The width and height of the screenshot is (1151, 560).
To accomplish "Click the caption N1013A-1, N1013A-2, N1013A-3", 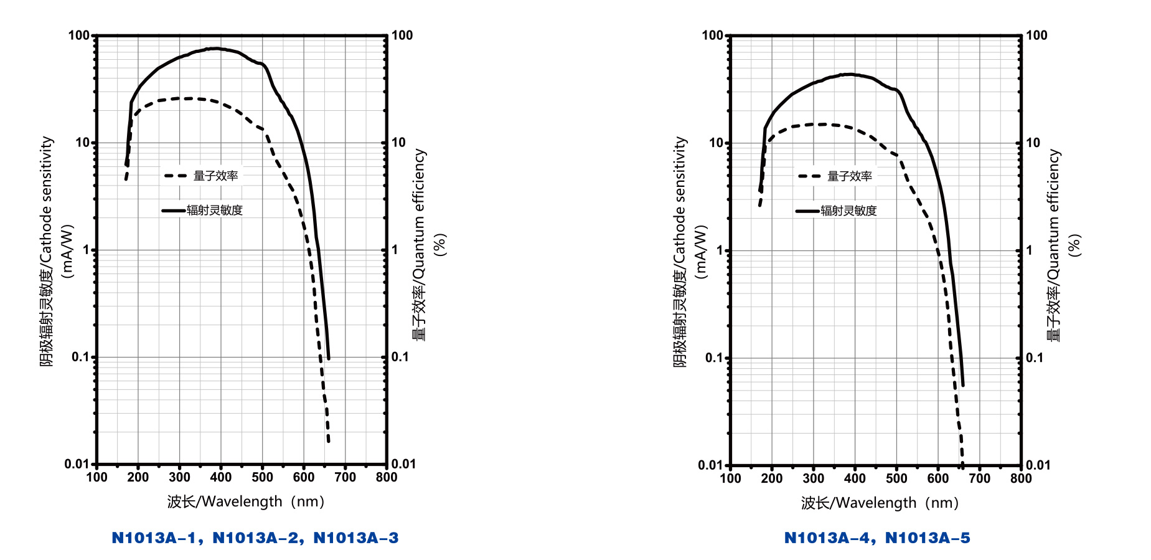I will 255,538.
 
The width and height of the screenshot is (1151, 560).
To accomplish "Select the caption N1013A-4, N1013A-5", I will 876,538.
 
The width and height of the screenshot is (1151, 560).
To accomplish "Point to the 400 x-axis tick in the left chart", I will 220,477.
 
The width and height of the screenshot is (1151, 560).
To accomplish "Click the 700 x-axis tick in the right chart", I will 979,478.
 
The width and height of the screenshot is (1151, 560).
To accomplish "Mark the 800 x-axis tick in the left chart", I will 387,477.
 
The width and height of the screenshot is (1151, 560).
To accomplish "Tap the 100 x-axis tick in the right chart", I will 730,478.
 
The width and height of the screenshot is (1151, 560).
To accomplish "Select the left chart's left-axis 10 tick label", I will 83,143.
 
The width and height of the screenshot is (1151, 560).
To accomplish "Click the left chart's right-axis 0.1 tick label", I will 400,357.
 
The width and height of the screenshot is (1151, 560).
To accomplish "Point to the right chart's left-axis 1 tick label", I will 720,250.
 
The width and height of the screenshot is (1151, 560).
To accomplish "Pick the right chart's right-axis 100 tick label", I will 1036,36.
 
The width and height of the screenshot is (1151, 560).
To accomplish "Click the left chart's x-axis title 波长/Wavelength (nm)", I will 246,501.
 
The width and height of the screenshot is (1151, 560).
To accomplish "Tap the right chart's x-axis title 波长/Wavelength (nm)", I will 880,503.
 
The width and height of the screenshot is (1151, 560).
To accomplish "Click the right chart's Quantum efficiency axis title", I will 1053,245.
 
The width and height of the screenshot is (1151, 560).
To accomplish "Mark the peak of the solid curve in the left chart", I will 215,48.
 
